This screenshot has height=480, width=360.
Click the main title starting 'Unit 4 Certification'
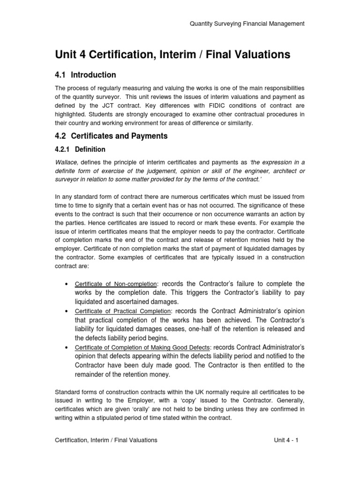click(172, 55)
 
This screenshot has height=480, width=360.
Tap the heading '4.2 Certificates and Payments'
click(111, 136)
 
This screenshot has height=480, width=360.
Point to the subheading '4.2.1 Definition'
click(80, 150)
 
